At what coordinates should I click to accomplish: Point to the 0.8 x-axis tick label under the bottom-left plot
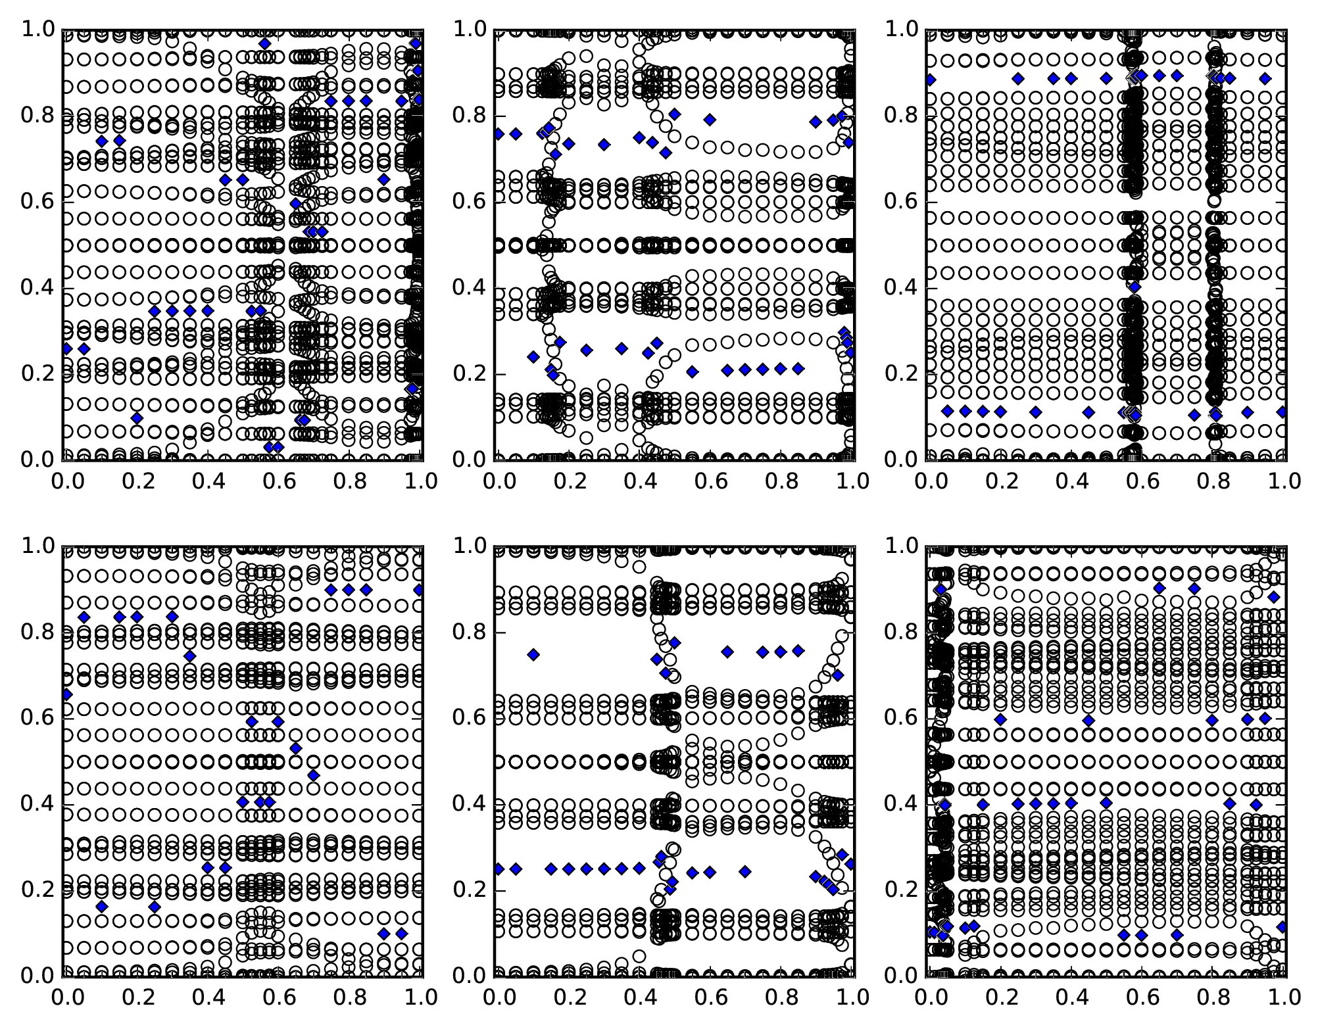tap(348, 997)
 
